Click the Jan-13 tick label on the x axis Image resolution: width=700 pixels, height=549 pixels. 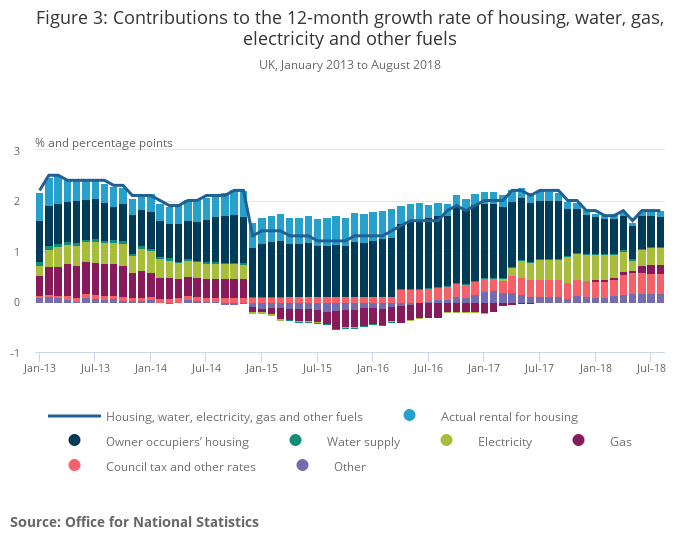click(x=39, y=368)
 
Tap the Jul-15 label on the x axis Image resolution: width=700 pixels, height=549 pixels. click(x=317, y=368)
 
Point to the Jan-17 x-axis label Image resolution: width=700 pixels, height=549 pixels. click(x=483, y=368)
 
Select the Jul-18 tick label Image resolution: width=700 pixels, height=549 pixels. click(x=650, y=368)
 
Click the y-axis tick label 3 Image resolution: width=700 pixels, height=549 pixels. click(x=16, y=151)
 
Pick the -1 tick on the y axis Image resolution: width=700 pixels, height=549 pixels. click(x=14, y=353)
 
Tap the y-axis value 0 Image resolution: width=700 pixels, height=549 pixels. click(x=16, y=302)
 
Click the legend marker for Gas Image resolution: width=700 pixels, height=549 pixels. click(x=578, y=441)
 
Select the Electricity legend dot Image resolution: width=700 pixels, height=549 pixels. click(x=446, y=441)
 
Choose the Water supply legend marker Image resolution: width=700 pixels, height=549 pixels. click(x=295, y=441)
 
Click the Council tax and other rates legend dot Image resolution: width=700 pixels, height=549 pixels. click(x=75, y=466)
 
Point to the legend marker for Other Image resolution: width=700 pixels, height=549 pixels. click(x=303, y=466)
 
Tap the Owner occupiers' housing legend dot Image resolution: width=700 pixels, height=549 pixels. click(x=75, y=441)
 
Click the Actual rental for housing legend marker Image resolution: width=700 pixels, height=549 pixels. click(x=409, y=416)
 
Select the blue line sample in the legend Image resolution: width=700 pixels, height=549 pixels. click(x=75, y=416)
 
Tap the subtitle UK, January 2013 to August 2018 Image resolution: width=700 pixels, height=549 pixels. click(x=350, y=65)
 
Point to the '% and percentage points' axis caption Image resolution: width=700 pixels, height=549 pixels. click(x=104, y=143)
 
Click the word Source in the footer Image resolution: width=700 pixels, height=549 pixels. click(x=35, y=522)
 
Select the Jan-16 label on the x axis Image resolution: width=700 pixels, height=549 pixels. click(x=372, y=368)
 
